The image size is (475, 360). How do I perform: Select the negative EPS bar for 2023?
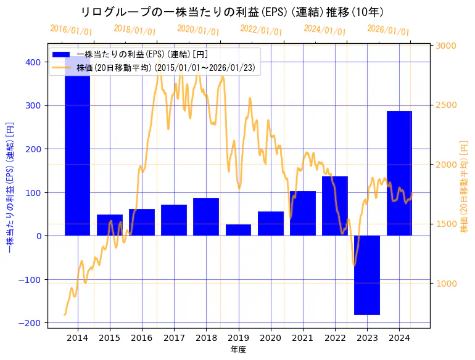pos(367,275)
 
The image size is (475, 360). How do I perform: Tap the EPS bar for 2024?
pos(399,173)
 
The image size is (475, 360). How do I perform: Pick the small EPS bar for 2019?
pos(238,230)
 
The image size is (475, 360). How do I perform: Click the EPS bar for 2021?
pos(303,213)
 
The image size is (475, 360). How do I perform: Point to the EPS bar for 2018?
pos(206,216)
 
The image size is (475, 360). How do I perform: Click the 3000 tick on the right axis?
pos(447,46)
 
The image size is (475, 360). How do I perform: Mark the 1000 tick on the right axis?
pos(447,283)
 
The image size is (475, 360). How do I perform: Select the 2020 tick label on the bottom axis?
pos(270,338)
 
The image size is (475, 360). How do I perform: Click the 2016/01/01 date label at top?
pos(71,30)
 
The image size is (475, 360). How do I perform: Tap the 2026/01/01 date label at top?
pos(388,30)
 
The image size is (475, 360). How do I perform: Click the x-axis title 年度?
pos(239,349)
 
